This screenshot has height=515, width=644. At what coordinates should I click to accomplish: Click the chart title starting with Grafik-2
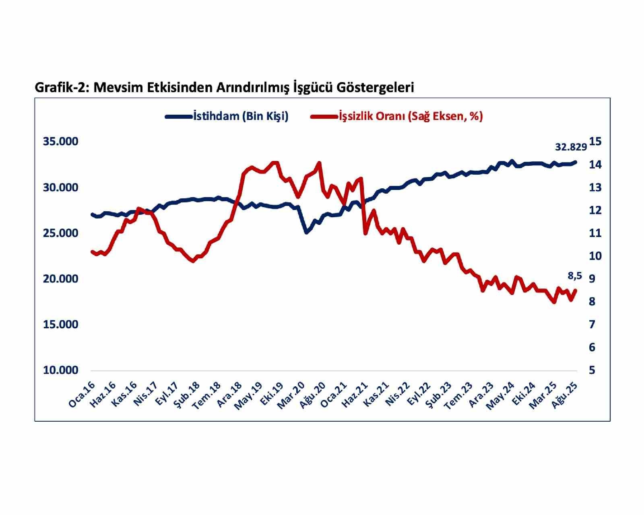pos(224,87)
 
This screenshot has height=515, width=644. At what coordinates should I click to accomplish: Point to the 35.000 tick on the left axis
pos(60,142)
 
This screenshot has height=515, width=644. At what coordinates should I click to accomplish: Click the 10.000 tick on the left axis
pos(60,370)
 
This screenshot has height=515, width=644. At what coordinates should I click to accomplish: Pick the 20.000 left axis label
pos(60,279)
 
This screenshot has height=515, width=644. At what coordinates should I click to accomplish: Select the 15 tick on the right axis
pos(595,142)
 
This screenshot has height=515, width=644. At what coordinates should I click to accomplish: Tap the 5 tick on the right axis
pos(592,370)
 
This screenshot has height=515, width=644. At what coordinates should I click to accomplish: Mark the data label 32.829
pos(571,147)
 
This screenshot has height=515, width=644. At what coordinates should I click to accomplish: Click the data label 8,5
pos(575,276)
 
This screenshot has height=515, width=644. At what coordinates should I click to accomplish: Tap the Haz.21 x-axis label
pos(358,396)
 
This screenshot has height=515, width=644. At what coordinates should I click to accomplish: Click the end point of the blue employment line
pos(575,162)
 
